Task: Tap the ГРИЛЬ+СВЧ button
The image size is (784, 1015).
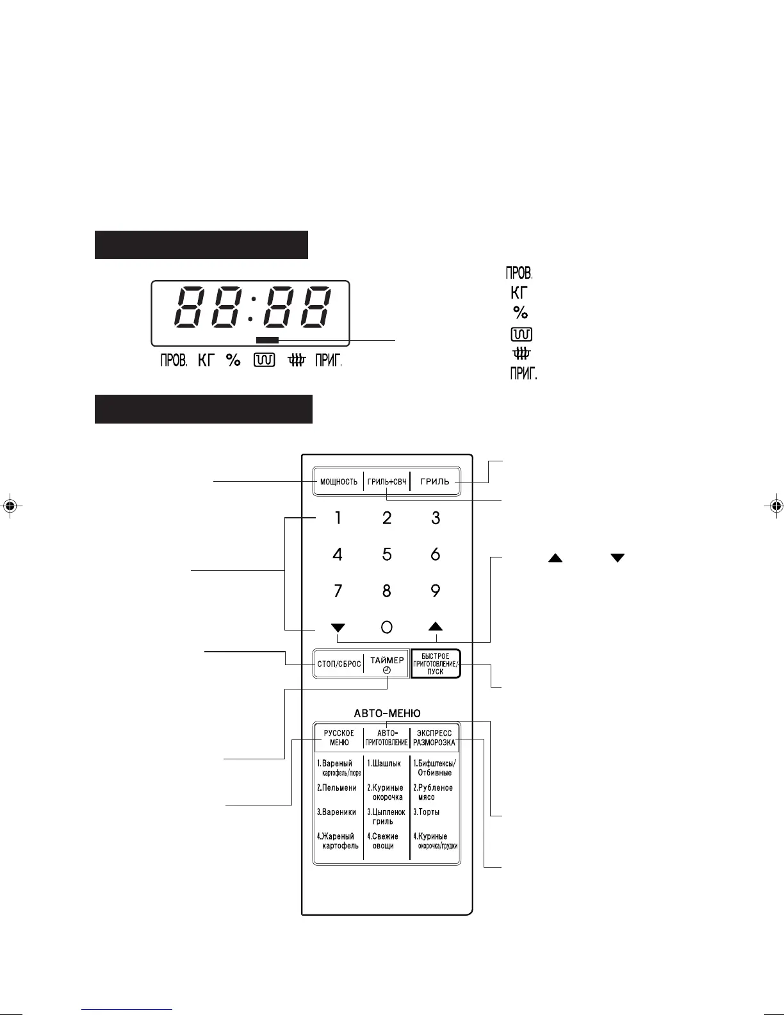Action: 387,482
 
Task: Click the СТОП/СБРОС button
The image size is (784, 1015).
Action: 339,664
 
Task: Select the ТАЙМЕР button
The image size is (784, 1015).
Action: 387,664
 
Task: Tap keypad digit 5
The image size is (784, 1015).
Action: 387,554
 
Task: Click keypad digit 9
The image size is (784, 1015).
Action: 436,591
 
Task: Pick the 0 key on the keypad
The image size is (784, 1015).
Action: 387,627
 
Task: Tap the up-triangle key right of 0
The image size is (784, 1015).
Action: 436,627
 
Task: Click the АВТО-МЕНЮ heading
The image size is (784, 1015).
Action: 387,713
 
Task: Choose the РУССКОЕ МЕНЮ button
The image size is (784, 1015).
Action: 339,738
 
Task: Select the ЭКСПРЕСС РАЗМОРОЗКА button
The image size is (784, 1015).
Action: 434,738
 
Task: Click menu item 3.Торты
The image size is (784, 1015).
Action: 427,812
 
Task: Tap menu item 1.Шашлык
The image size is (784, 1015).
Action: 384,763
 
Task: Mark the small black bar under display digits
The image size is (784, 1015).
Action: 267,340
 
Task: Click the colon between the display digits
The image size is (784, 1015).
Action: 251,308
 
